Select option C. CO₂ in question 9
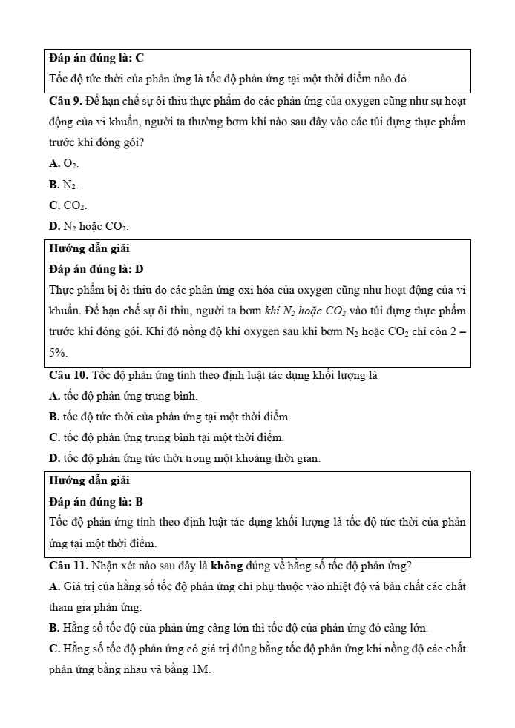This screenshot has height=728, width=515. pos(68,205)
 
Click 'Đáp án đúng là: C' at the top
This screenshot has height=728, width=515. pos(96,57)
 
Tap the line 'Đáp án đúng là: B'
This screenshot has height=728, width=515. pos(96,502)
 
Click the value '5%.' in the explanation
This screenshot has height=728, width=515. pos(59,353)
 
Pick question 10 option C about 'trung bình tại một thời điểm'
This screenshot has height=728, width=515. pos(166,437)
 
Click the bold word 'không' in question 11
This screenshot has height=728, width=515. pos(228,566)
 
